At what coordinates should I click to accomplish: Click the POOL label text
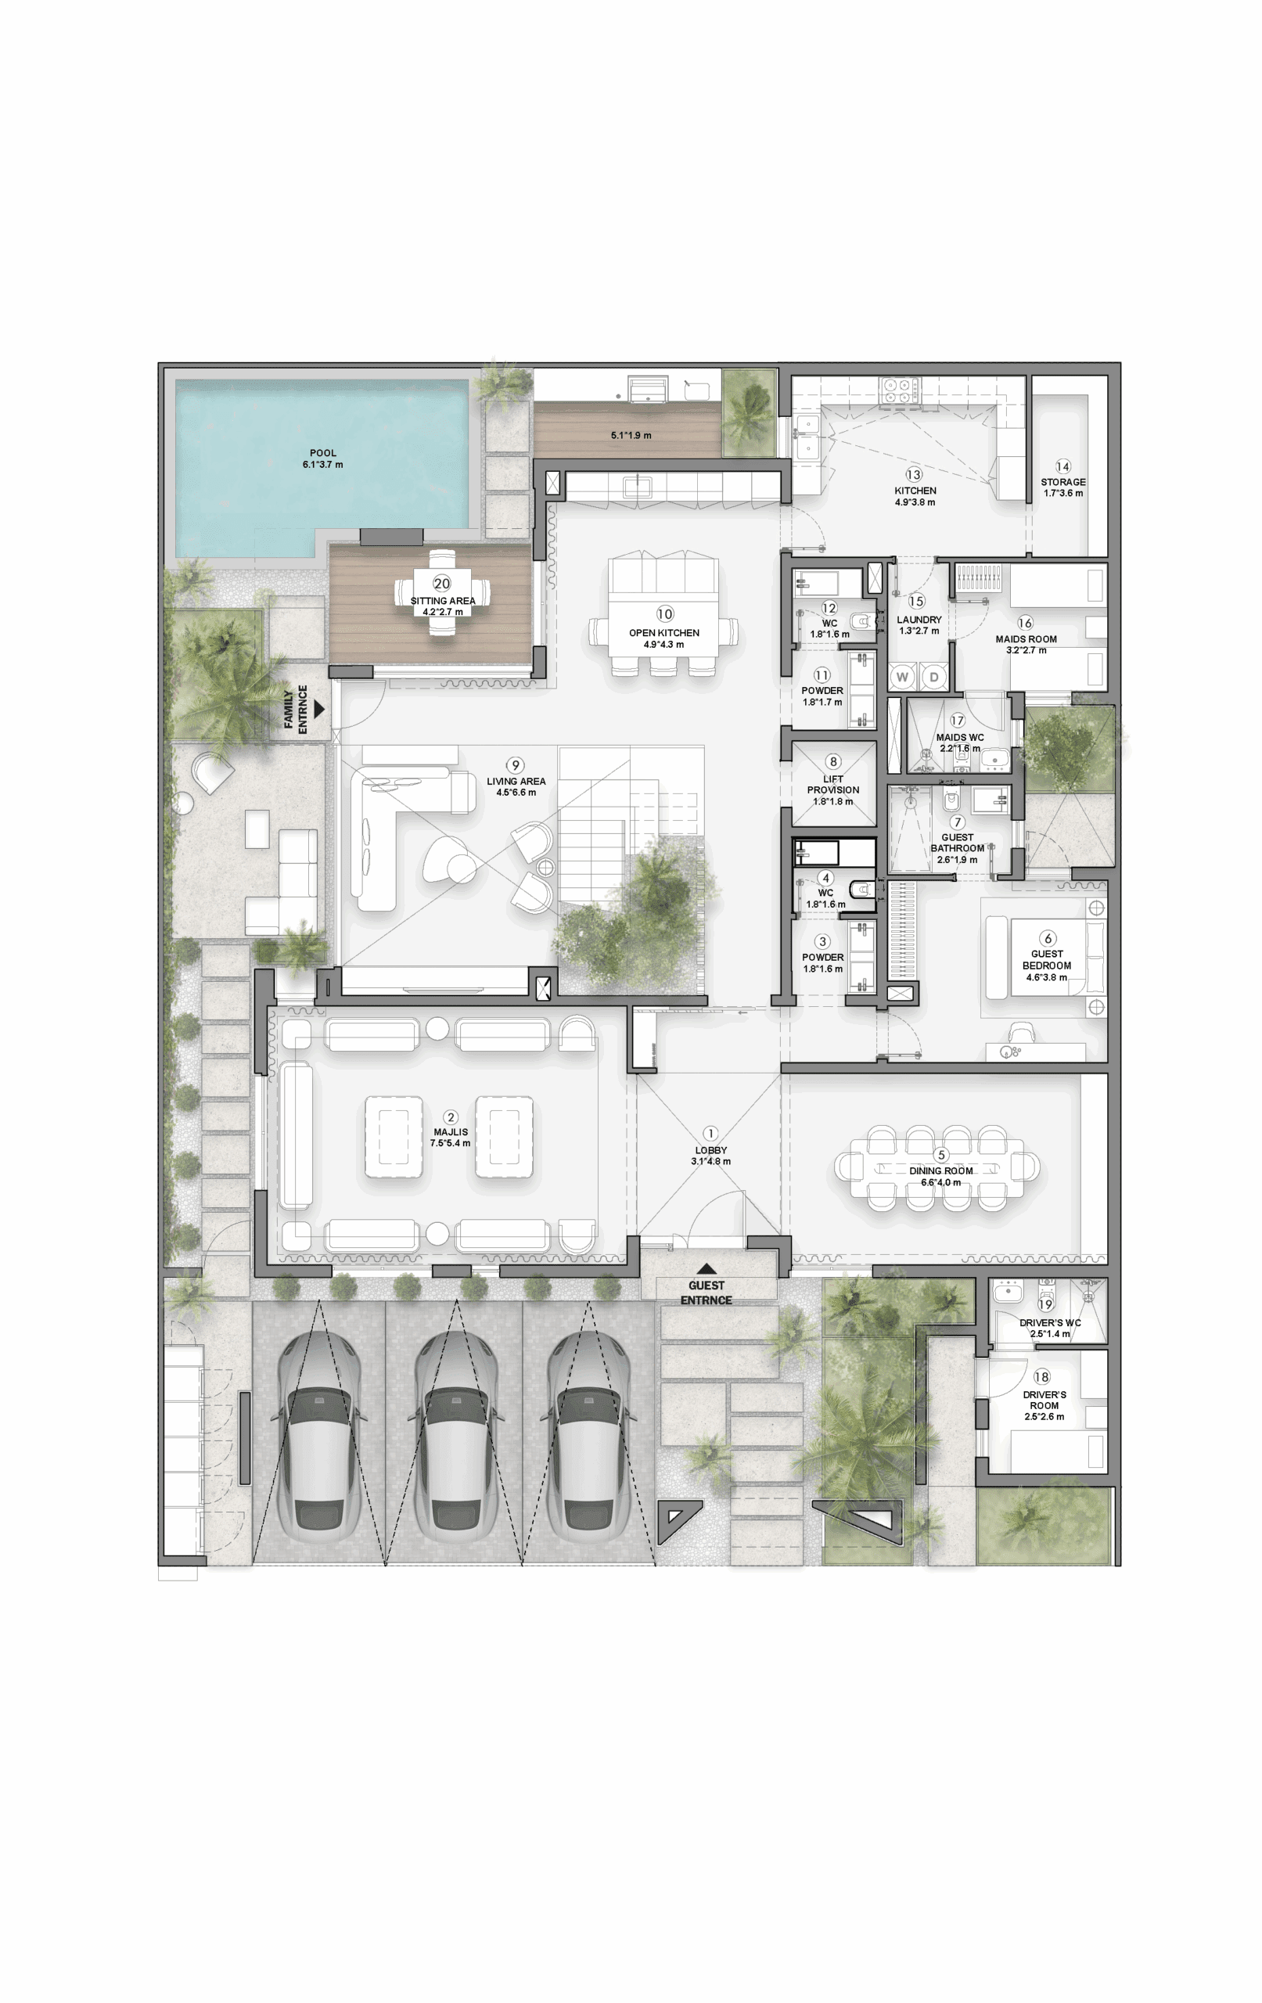point(323,453)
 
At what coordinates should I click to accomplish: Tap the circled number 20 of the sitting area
point(442,584)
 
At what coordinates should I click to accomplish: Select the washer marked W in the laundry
point(902,677)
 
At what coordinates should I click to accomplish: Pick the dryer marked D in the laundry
point(933,677)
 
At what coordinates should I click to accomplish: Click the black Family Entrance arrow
point(318,710)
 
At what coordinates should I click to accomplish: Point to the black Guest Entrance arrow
point(707,1268)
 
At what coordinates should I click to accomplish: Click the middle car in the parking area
point(455,1436)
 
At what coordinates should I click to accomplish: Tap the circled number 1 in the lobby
point(710,1133)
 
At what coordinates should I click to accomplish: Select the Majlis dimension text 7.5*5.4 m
point(450,1143)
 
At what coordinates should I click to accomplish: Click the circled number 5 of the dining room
point(942,1155)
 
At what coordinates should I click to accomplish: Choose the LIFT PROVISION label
point(832,785)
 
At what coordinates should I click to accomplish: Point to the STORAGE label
point(1063,482)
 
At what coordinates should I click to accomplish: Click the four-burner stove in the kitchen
point(899,391)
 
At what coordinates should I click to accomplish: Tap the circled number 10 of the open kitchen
point(665,614)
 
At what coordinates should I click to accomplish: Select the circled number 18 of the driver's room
point(1041,1376)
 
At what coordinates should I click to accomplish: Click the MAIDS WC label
point(960,737)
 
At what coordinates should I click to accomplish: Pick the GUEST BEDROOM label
point(1047,960)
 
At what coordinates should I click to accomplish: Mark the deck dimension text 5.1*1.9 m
point(631,435)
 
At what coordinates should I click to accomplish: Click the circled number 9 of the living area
point(516,765)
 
